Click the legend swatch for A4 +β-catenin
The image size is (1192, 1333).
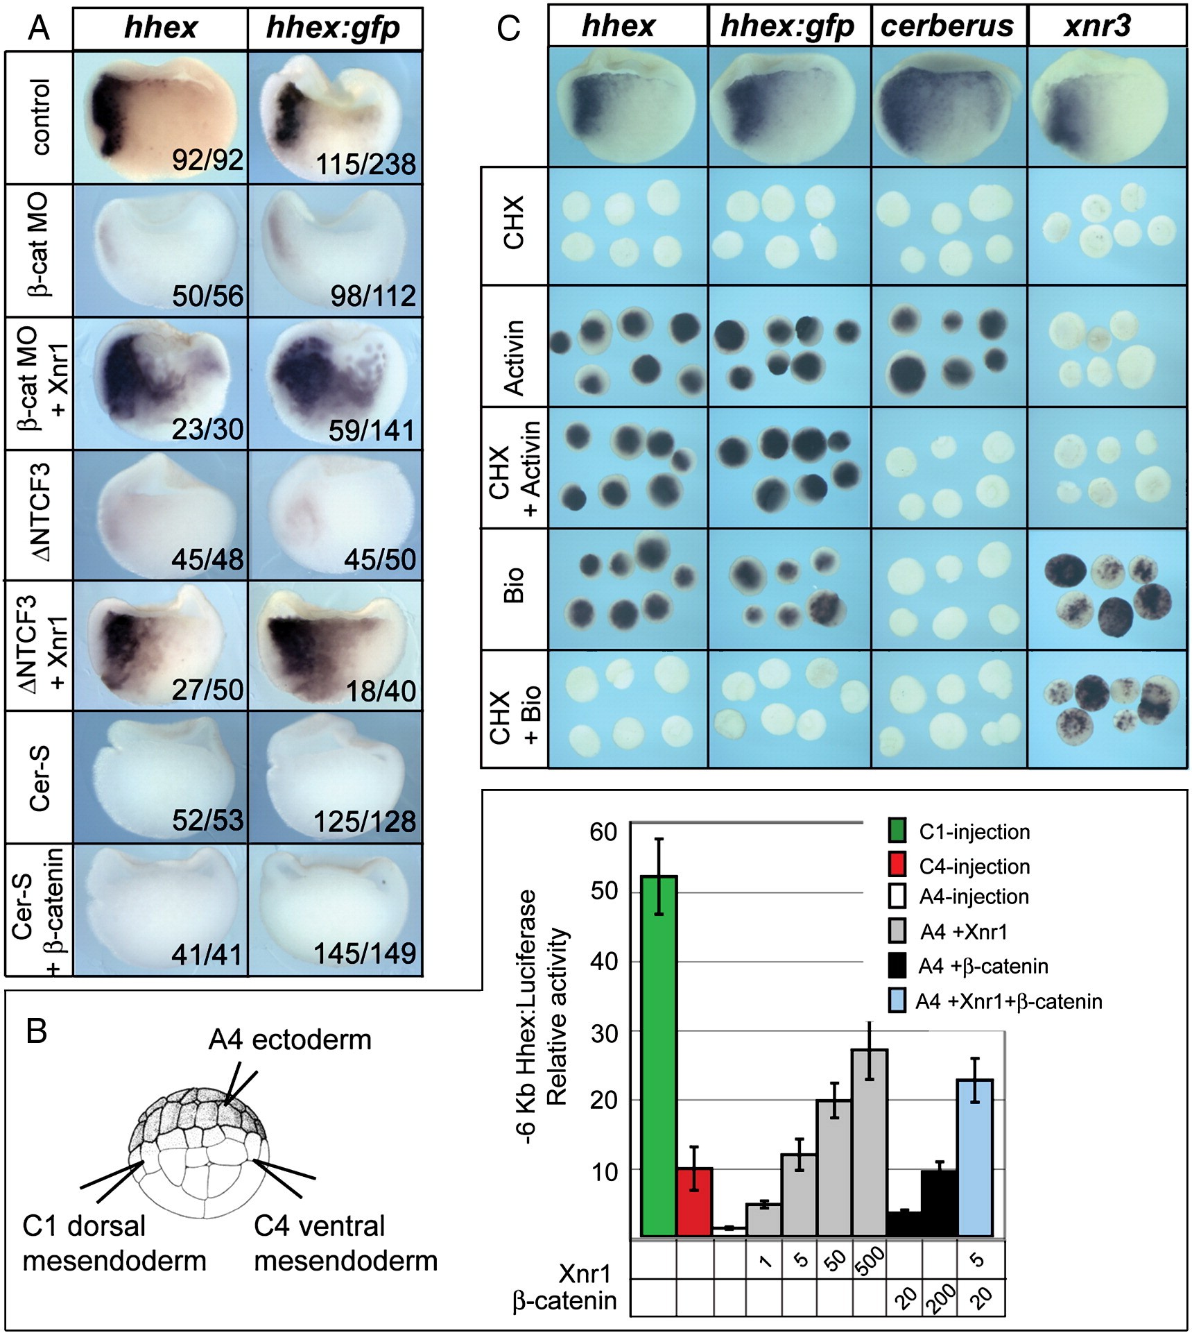point(897,966)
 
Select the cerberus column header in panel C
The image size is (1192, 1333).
point(947,26)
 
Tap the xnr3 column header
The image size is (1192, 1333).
point(1098,26)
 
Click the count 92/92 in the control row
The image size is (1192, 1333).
point(208,160)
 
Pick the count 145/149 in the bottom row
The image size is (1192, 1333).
point(365,954)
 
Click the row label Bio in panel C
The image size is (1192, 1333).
point(513,586)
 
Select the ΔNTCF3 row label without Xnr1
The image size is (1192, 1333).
point(40,514)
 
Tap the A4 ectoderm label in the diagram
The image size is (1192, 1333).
point(290,1040)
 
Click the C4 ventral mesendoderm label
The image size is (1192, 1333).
point(345,1243)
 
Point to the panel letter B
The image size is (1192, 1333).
point(36,1031)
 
